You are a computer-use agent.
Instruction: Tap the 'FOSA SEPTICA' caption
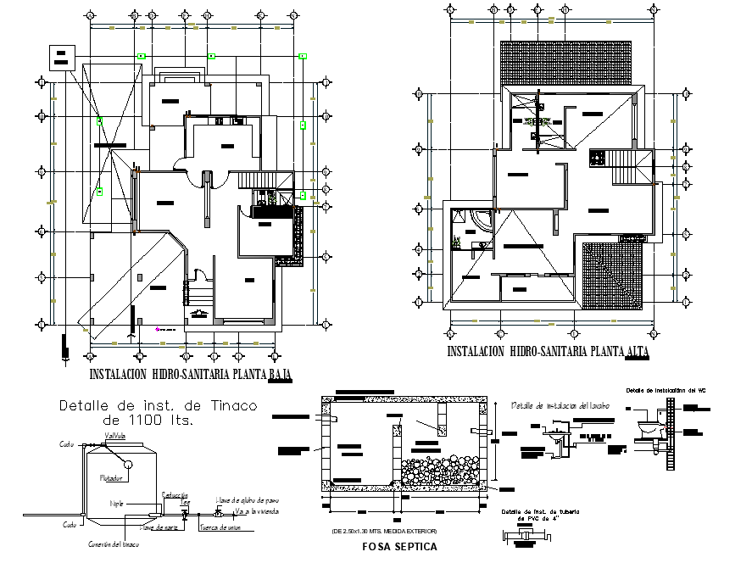(399, 547)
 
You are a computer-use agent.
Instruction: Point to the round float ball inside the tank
(125, 464)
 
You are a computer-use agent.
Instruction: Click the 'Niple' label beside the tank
(117, 503)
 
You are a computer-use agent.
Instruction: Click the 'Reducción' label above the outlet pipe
(174, 493)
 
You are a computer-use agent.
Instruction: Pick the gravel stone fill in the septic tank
(441, 469)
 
